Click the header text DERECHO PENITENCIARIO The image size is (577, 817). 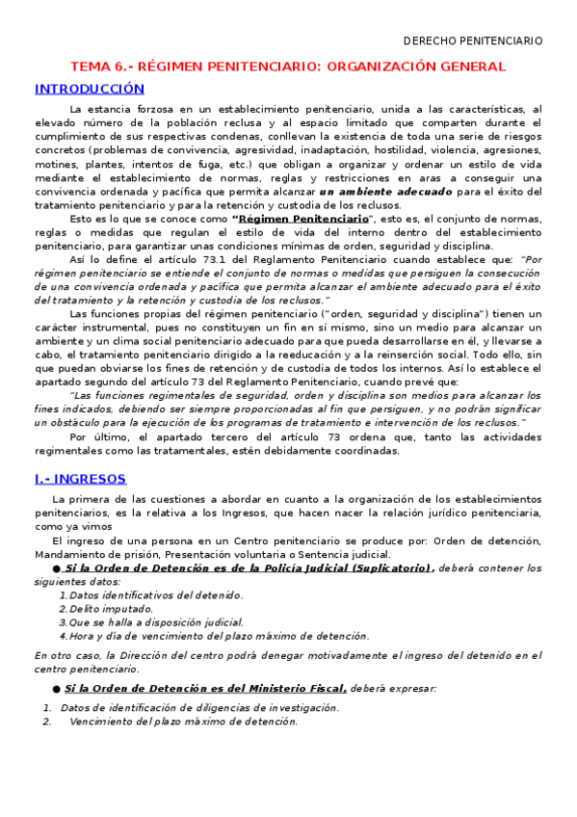click(472, 40)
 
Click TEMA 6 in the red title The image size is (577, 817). click(97, 66)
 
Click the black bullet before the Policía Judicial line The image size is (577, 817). click(58, 567)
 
